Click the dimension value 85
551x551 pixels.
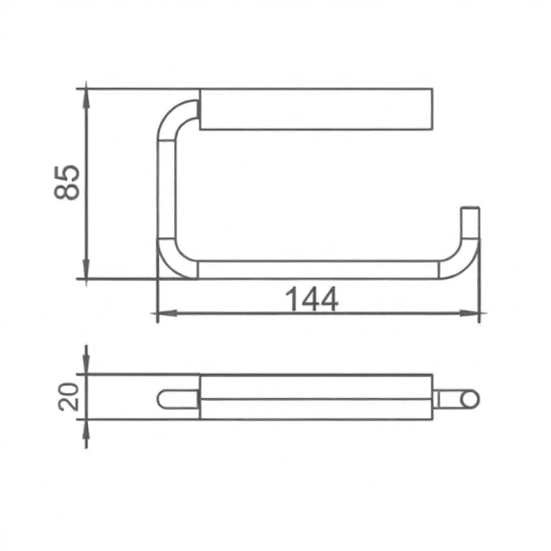[x=68, y=182]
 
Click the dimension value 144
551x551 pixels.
[x=312, y=299]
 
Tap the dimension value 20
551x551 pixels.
[x=69, y=397]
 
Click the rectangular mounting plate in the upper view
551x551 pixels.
[x=316, y=109]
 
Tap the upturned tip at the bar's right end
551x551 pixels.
[x=471, y=221]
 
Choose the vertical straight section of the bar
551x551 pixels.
[x=166, y=188]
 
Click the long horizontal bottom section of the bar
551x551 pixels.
[x=317, y=270]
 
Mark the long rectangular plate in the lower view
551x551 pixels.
[x=316, y=397]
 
